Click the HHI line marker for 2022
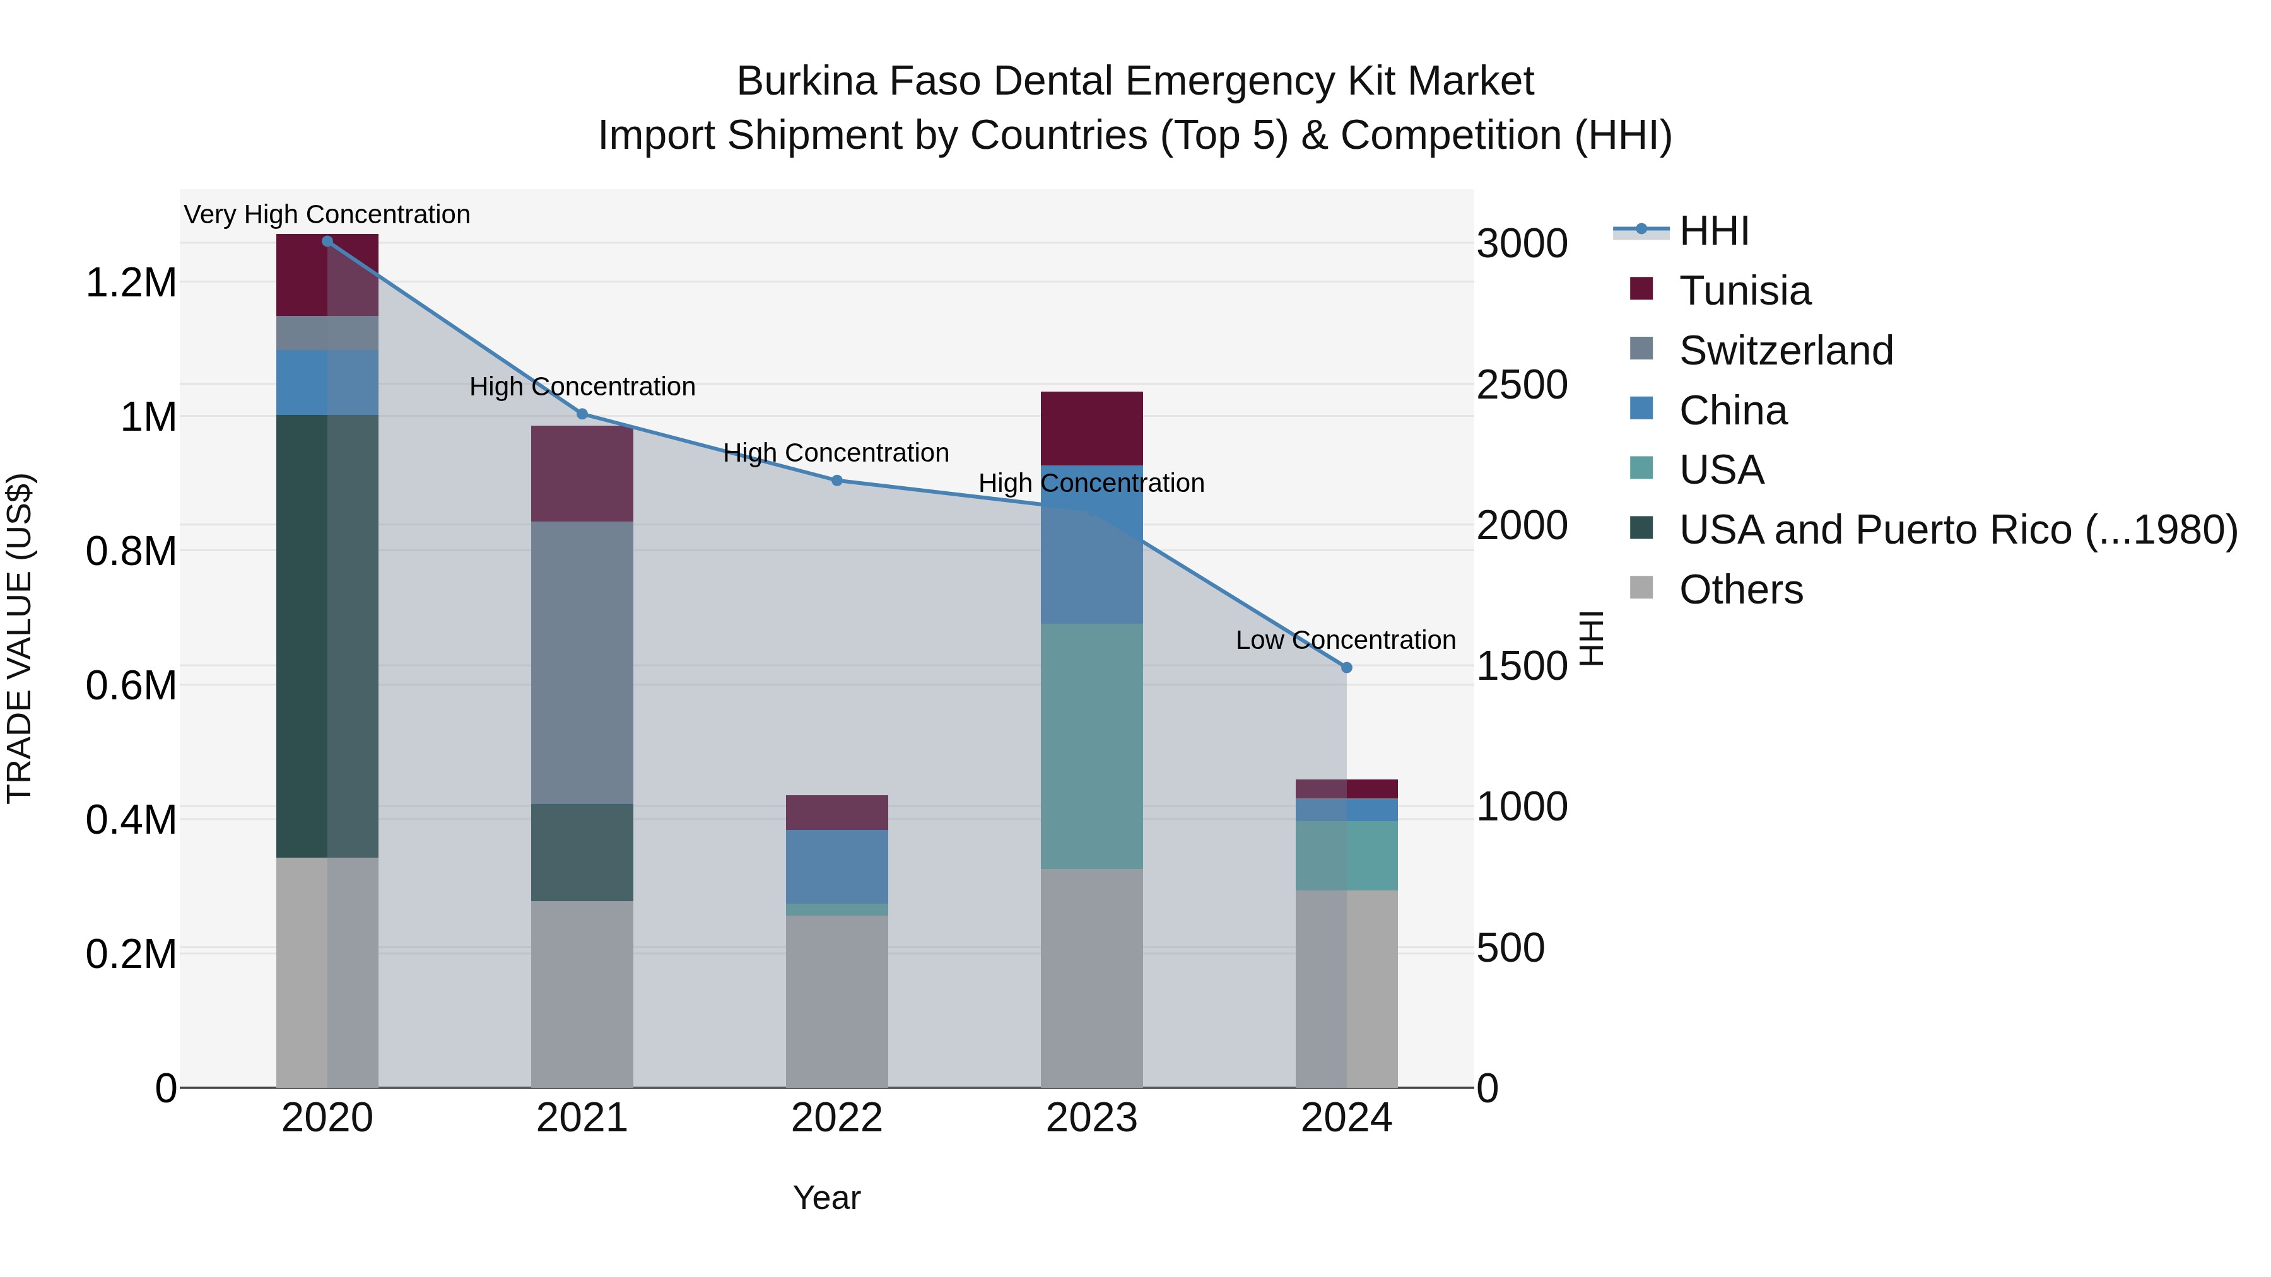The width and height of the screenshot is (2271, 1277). [836, 481]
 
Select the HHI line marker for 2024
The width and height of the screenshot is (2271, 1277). [1346, 668]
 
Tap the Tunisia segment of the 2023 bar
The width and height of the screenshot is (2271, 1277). [1091, 428]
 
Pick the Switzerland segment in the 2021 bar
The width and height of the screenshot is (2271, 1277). [582, 662]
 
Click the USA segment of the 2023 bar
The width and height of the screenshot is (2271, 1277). [1091, 747]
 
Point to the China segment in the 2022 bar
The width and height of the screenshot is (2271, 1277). [836, 866]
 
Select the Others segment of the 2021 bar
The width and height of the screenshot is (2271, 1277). [582, 994]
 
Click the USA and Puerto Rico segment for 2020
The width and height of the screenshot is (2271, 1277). [327, 636]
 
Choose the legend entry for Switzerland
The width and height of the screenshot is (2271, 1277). [1785, 351]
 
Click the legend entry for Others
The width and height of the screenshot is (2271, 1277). [1740, 590]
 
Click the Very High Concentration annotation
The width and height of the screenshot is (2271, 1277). [327, 215]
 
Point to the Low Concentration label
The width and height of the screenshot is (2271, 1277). [1346, 640]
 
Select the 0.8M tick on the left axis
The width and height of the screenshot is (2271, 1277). [131, 552]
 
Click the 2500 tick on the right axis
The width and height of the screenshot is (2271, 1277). [1522, 385]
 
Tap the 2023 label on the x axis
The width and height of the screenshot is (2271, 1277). [1091, 1118]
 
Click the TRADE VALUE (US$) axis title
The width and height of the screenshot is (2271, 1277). [20, 638]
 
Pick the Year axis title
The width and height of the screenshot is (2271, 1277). [826, 1198]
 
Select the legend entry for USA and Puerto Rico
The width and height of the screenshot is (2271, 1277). [1957, 530]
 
